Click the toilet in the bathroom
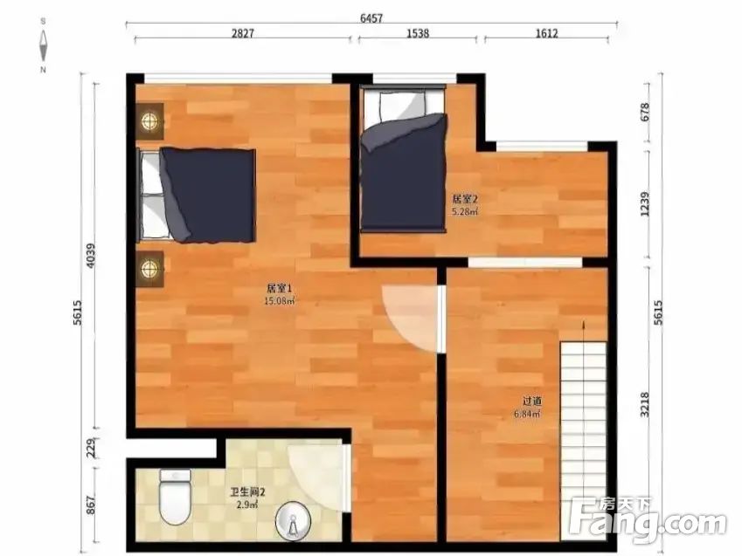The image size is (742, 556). tap(176, 497)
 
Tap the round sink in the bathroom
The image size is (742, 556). tap(293, 521)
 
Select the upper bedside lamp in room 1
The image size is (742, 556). tap(150, 121)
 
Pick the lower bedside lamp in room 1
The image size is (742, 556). tap(150, 269)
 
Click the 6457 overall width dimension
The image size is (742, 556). tap(371, 18)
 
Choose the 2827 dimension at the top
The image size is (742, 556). tap(243, 33)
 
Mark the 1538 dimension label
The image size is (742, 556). tap(418, 33)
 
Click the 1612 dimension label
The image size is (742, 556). tap(546, 33)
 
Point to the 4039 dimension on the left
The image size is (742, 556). tap(91, 255)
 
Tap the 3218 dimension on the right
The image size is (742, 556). tap(644, 405)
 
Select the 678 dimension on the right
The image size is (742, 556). tap(644, 112)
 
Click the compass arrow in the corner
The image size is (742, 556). tap(43, 45)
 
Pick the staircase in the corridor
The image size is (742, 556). tap(584, 441)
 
